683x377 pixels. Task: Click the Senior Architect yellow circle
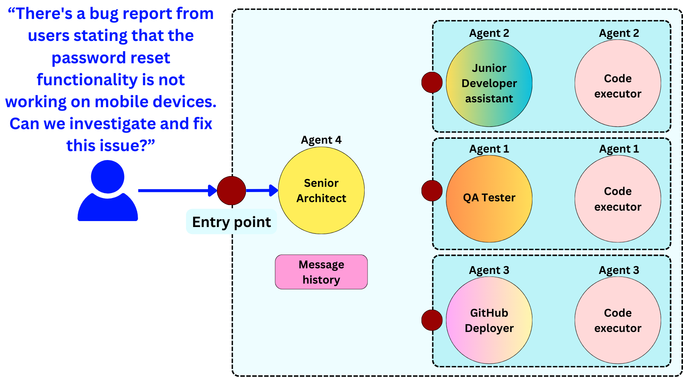[x=321, y=191]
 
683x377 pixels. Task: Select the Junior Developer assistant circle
[x=489, y=83]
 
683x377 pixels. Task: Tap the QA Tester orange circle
[x=489, y=198]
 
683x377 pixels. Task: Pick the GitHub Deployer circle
[x=489, y=320]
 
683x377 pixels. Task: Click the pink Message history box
[x=321, y=272]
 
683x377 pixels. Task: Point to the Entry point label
[x=231, y=222]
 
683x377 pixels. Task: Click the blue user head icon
[x=108, y=177]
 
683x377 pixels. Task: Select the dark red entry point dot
[x=231, y=191]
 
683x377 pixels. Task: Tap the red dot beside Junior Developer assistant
[x=432, y=82]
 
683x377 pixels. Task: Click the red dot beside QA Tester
[x=432, y=191]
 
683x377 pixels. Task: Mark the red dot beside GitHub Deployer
[x=432, y=320]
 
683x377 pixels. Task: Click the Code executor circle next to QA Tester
[x=618, y=199]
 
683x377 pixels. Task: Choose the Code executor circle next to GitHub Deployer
[x=618, y=320]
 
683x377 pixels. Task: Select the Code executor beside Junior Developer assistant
[x=618, y=83]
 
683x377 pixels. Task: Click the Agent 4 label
[x=321, y=140]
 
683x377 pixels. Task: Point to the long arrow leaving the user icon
[x=175, y=191]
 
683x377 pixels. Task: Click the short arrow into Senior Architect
[x=261, y=191]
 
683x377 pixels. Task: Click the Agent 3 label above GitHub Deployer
[x=489, y=270]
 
